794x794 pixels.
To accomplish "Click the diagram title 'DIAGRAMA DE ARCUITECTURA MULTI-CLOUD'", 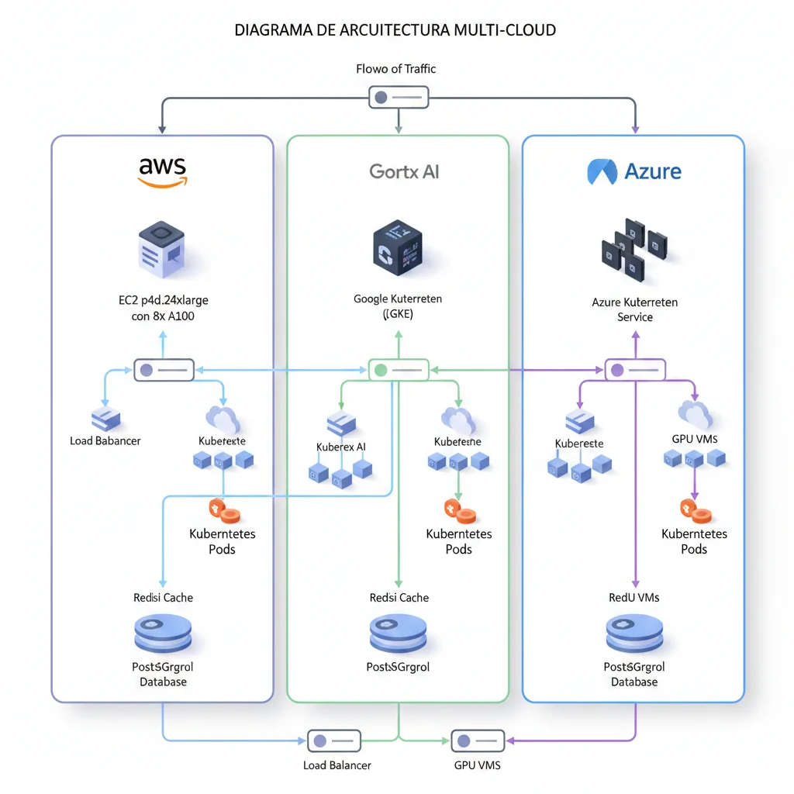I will pyautogui.click(x=395, y=30).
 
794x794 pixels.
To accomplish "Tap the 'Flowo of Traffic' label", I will pyautogui.click(x=395, y=69).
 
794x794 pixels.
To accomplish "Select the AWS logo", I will pyautogui.click(x=162, y=171).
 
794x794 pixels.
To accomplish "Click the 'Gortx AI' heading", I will pyautogui.click(x=404, y=171).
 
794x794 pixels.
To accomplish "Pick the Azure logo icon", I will pyautogui.click(x=602, y=171).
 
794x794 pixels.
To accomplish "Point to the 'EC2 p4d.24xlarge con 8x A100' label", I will pyautogui.click(x=163, y=307).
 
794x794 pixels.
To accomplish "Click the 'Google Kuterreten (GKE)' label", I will pyautogui.click(x=398, y=307).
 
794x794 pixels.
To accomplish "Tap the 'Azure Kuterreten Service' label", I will pyautogui.click(x=634, y=309).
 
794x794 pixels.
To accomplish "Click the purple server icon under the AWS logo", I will pyautogui.click(x=161, y=250).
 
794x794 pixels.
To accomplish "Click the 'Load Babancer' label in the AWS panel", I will pyautogui.click(x=105, y=441).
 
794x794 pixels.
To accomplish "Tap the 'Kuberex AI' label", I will pyautogui.click(x=341, y=447).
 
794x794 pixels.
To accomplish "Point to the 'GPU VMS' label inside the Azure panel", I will pyautogui.click(x=695, y=439).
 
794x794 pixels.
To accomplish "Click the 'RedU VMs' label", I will pyautogui.click(x=634, y=597).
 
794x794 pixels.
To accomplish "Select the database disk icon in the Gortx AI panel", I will pyautogui.click(x=398, y=633).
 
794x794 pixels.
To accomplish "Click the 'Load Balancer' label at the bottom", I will pyautogui.click(x=337, y=765).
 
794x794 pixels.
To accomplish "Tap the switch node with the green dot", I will pyautogui.click(x=398, y=370).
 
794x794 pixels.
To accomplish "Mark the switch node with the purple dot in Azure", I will pyautogui.click(x=634, y=370).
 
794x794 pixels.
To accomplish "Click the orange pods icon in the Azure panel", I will pyautogui.click(x=694, y=511).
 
